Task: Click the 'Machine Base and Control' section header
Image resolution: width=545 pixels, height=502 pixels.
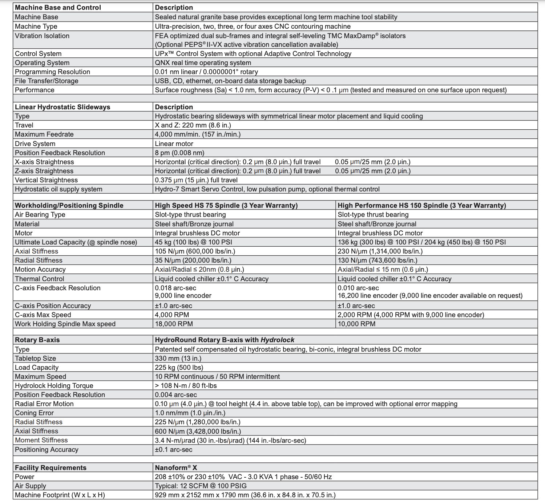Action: (58, 8)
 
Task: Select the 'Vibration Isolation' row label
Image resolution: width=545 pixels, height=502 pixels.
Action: (42, 36)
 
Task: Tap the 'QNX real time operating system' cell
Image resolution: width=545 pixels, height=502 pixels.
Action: (203, 63)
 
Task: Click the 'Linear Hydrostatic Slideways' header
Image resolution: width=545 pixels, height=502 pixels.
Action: (62, 107)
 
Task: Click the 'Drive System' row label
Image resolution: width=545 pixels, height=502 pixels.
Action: (35, 144)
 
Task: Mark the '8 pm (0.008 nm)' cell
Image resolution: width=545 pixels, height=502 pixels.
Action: (179, 153)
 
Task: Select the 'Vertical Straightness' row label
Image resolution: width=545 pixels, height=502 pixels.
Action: (46, 180)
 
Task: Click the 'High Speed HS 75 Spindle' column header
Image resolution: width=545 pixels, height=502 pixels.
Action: (226, 206)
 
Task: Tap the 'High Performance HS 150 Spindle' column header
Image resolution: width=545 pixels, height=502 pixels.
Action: (421, 206)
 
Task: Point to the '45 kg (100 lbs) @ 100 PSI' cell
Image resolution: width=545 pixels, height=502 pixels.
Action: (193, 242)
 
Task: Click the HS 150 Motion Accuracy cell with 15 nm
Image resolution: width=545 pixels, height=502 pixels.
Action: (383, 270)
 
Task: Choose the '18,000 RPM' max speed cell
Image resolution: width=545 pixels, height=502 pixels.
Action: (174, 324)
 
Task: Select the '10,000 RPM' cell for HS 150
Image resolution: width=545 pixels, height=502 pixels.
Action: (356, 324)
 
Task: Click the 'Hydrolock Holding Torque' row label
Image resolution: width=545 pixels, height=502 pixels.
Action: (54, 386)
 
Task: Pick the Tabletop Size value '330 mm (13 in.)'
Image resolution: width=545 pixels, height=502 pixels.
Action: (178, 359)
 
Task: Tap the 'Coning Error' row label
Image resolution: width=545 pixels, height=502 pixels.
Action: (34, 413)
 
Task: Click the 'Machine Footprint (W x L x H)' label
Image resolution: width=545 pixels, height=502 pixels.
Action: (60, 495)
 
